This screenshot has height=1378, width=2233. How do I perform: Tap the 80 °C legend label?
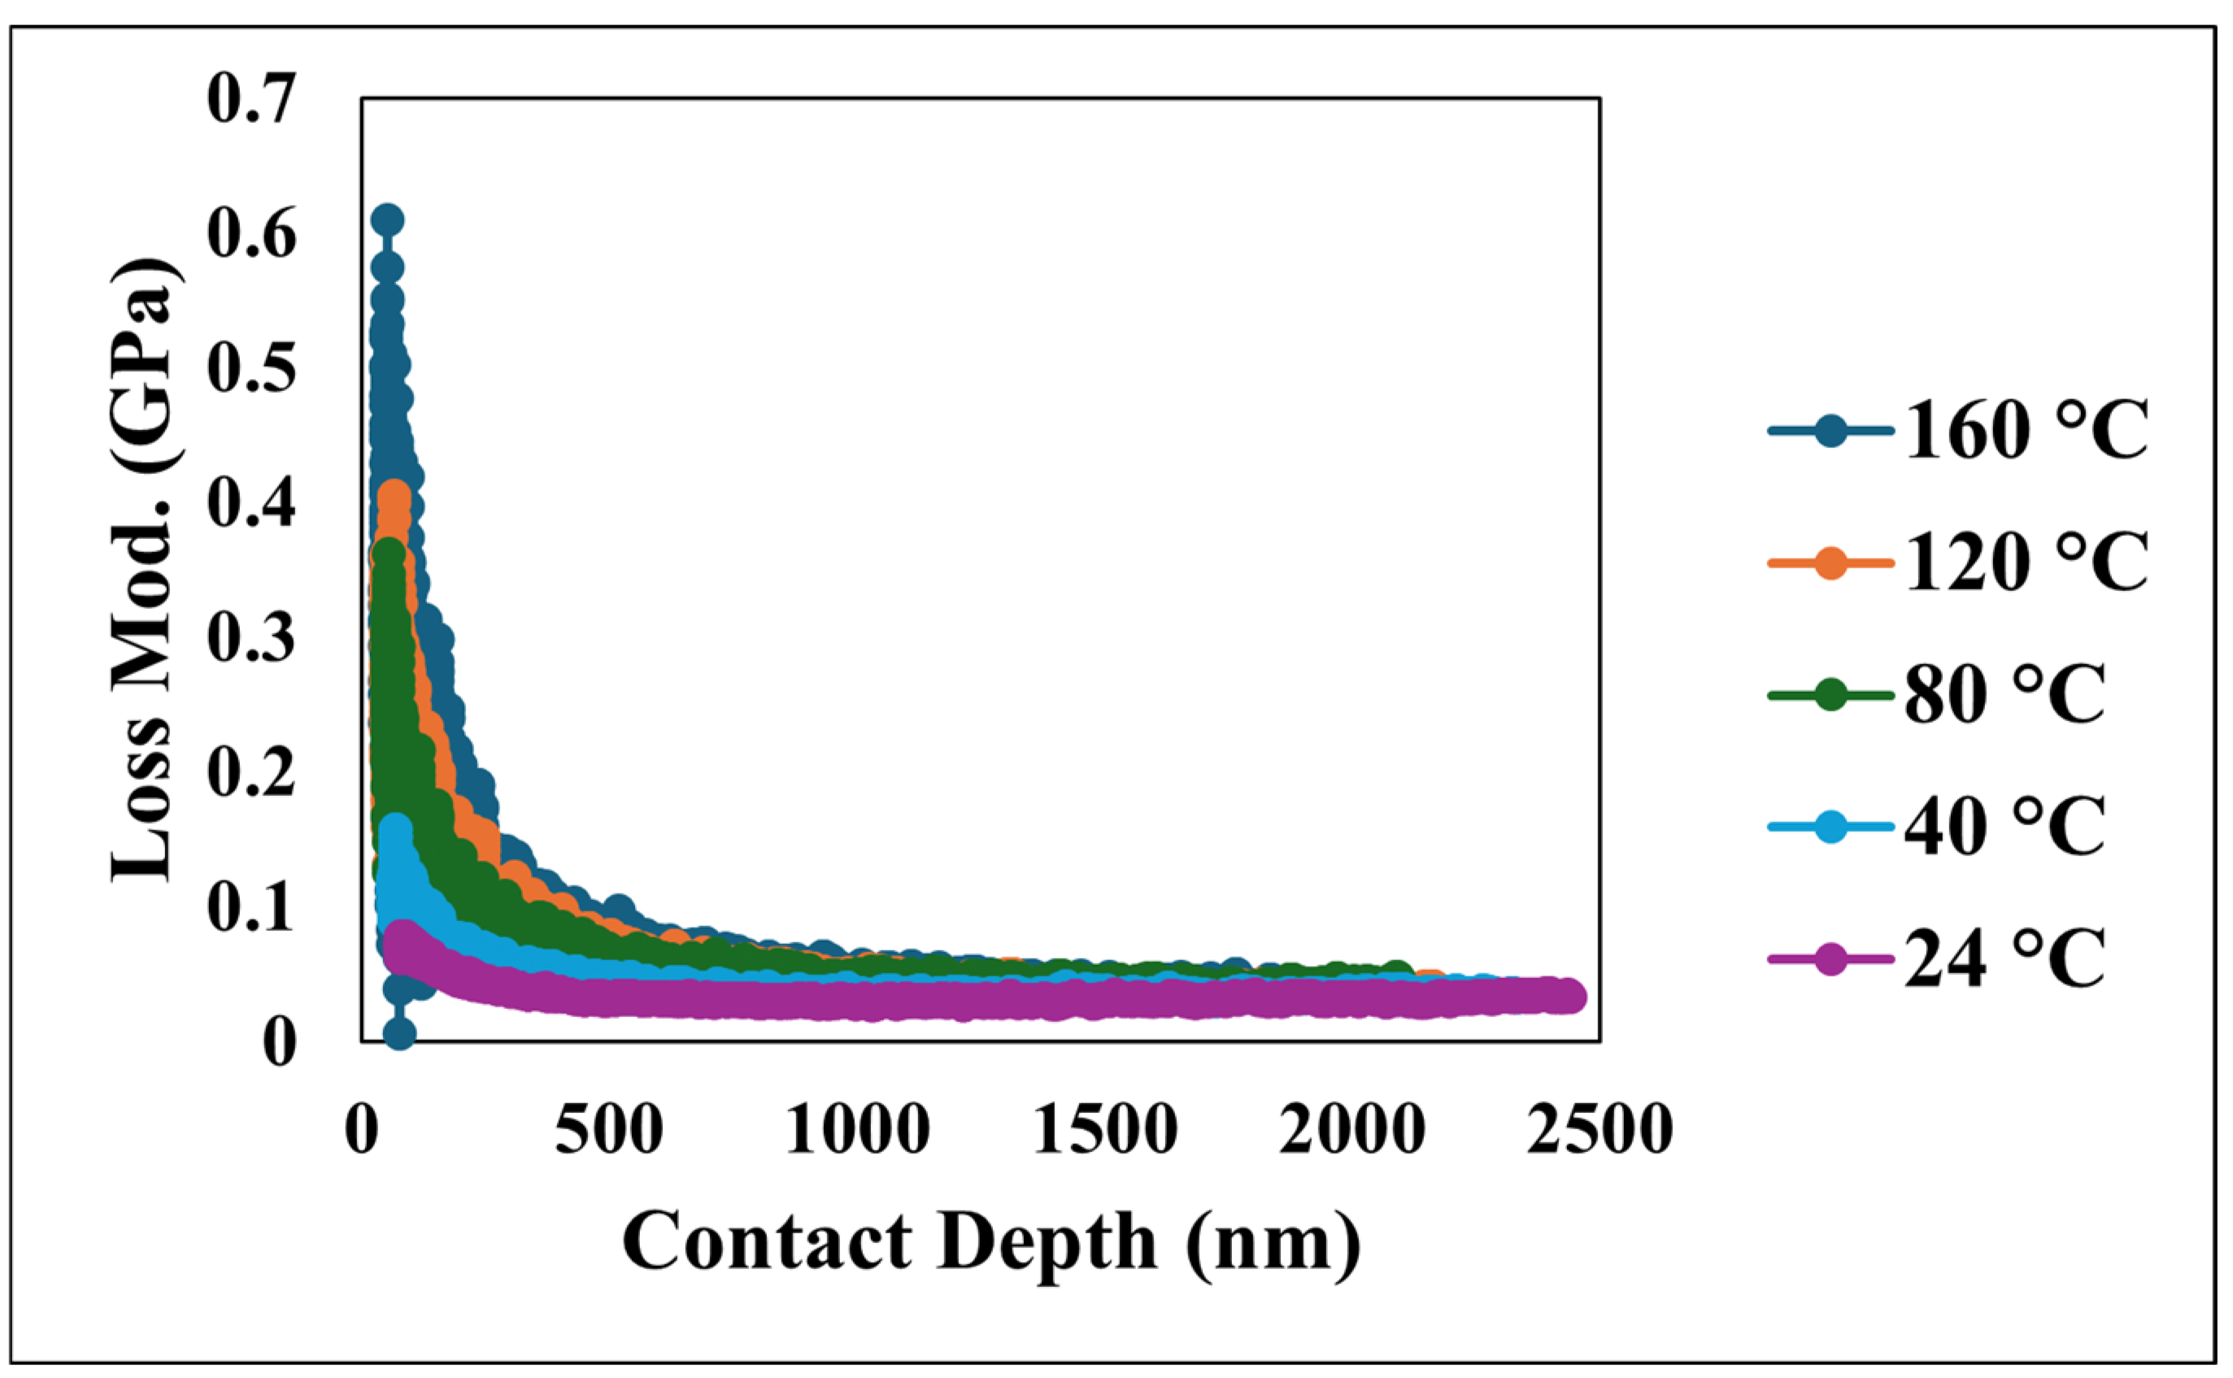tap(2004, 694)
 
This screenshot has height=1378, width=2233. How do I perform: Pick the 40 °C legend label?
tap(2004, 827)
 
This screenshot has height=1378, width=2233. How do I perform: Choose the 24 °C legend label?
tap(2004, 959)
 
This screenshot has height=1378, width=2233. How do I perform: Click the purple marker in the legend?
tap(1830, 959)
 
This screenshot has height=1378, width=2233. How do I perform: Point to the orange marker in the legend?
tap(1830, 563)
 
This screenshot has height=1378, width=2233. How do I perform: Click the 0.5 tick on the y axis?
tap(251, 368)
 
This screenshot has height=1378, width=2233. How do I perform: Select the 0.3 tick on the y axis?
tap(251, 637)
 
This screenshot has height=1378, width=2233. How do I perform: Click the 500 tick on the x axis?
tap(609, 1130)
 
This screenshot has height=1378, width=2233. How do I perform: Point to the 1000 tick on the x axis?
tap(857, 1130)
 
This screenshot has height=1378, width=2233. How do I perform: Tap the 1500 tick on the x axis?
tap(1104, 1130)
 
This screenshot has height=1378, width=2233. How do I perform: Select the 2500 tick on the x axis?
tap(1600, 1130)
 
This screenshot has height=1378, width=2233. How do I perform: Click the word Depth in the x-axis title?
tap(1047, 1242)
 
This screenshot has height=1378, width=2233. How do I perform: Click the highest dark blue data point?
tap(387, 220)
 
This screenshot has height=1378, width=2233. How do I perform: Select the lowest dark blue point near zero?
tap(400, 1033)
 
